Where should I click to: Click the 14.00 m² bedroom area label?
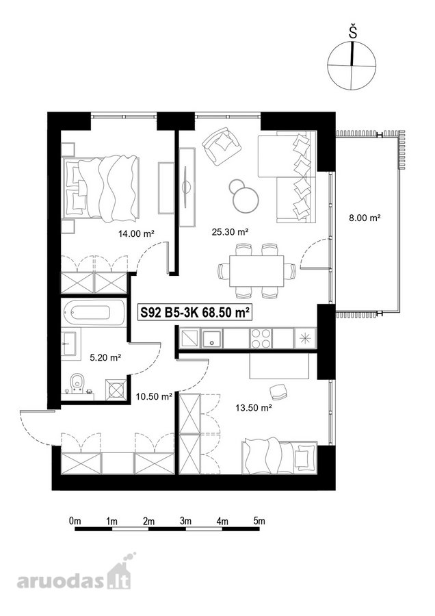136,234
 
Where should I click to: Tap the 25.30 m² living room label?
230,232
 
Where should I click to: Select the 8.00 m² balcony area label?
365,217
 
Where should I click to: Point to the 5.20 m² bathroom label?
105,357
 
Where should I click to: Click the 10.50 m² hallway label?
154,397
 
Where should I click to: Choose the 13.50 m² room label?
254,408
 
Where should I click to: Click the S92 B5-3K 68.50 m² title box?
195,313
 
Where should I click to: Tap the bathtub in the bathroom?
92,313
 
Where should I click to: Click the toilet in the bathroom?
77,383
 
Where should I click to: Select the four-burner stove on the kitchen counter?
261,338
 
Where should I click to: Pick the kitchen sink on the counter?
212,338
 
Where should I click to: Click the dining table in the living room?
256,272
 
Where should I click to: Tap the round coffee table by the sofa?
246,200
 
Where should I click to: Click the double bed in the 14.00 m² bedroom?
101,188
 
